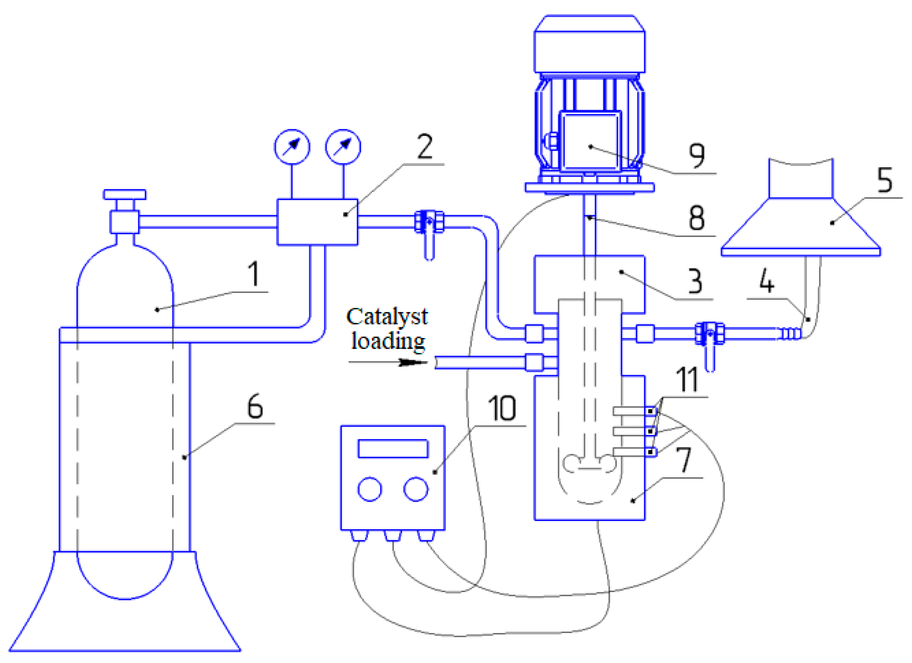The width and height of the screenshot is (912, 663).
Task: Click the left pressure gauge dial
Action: coord(292,147)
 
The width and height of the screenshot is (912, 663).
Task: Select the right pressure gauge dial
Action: coord(343,147)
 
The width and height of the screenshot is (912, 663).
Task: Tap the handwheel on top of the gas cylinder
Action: coord(125,195)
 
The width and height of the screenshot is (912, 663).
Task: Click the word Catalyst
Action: coord(387,317)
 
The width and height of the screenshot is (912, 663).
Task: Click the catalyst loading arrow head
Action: coord(412,362)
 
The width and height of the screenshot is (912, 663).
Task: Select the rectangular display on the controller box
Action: coord(393,448)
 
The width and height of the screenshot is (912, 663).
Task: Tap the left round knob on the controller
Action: coord(369,489)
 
